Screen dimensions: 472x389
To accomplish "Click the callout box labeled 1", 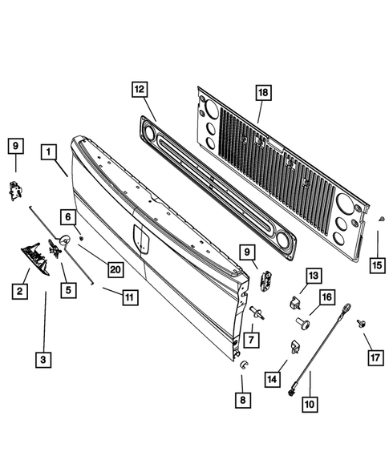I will [51, 151].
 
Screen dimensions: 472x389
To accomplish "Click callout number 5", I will [70, 291].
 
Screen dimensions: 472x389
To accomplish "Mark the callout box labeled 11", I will [128, 297].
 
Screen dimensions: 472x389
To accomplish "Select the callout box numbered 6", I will [70, 216].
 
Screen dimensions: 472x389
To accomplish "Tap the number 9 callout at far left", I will [14, 146].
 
